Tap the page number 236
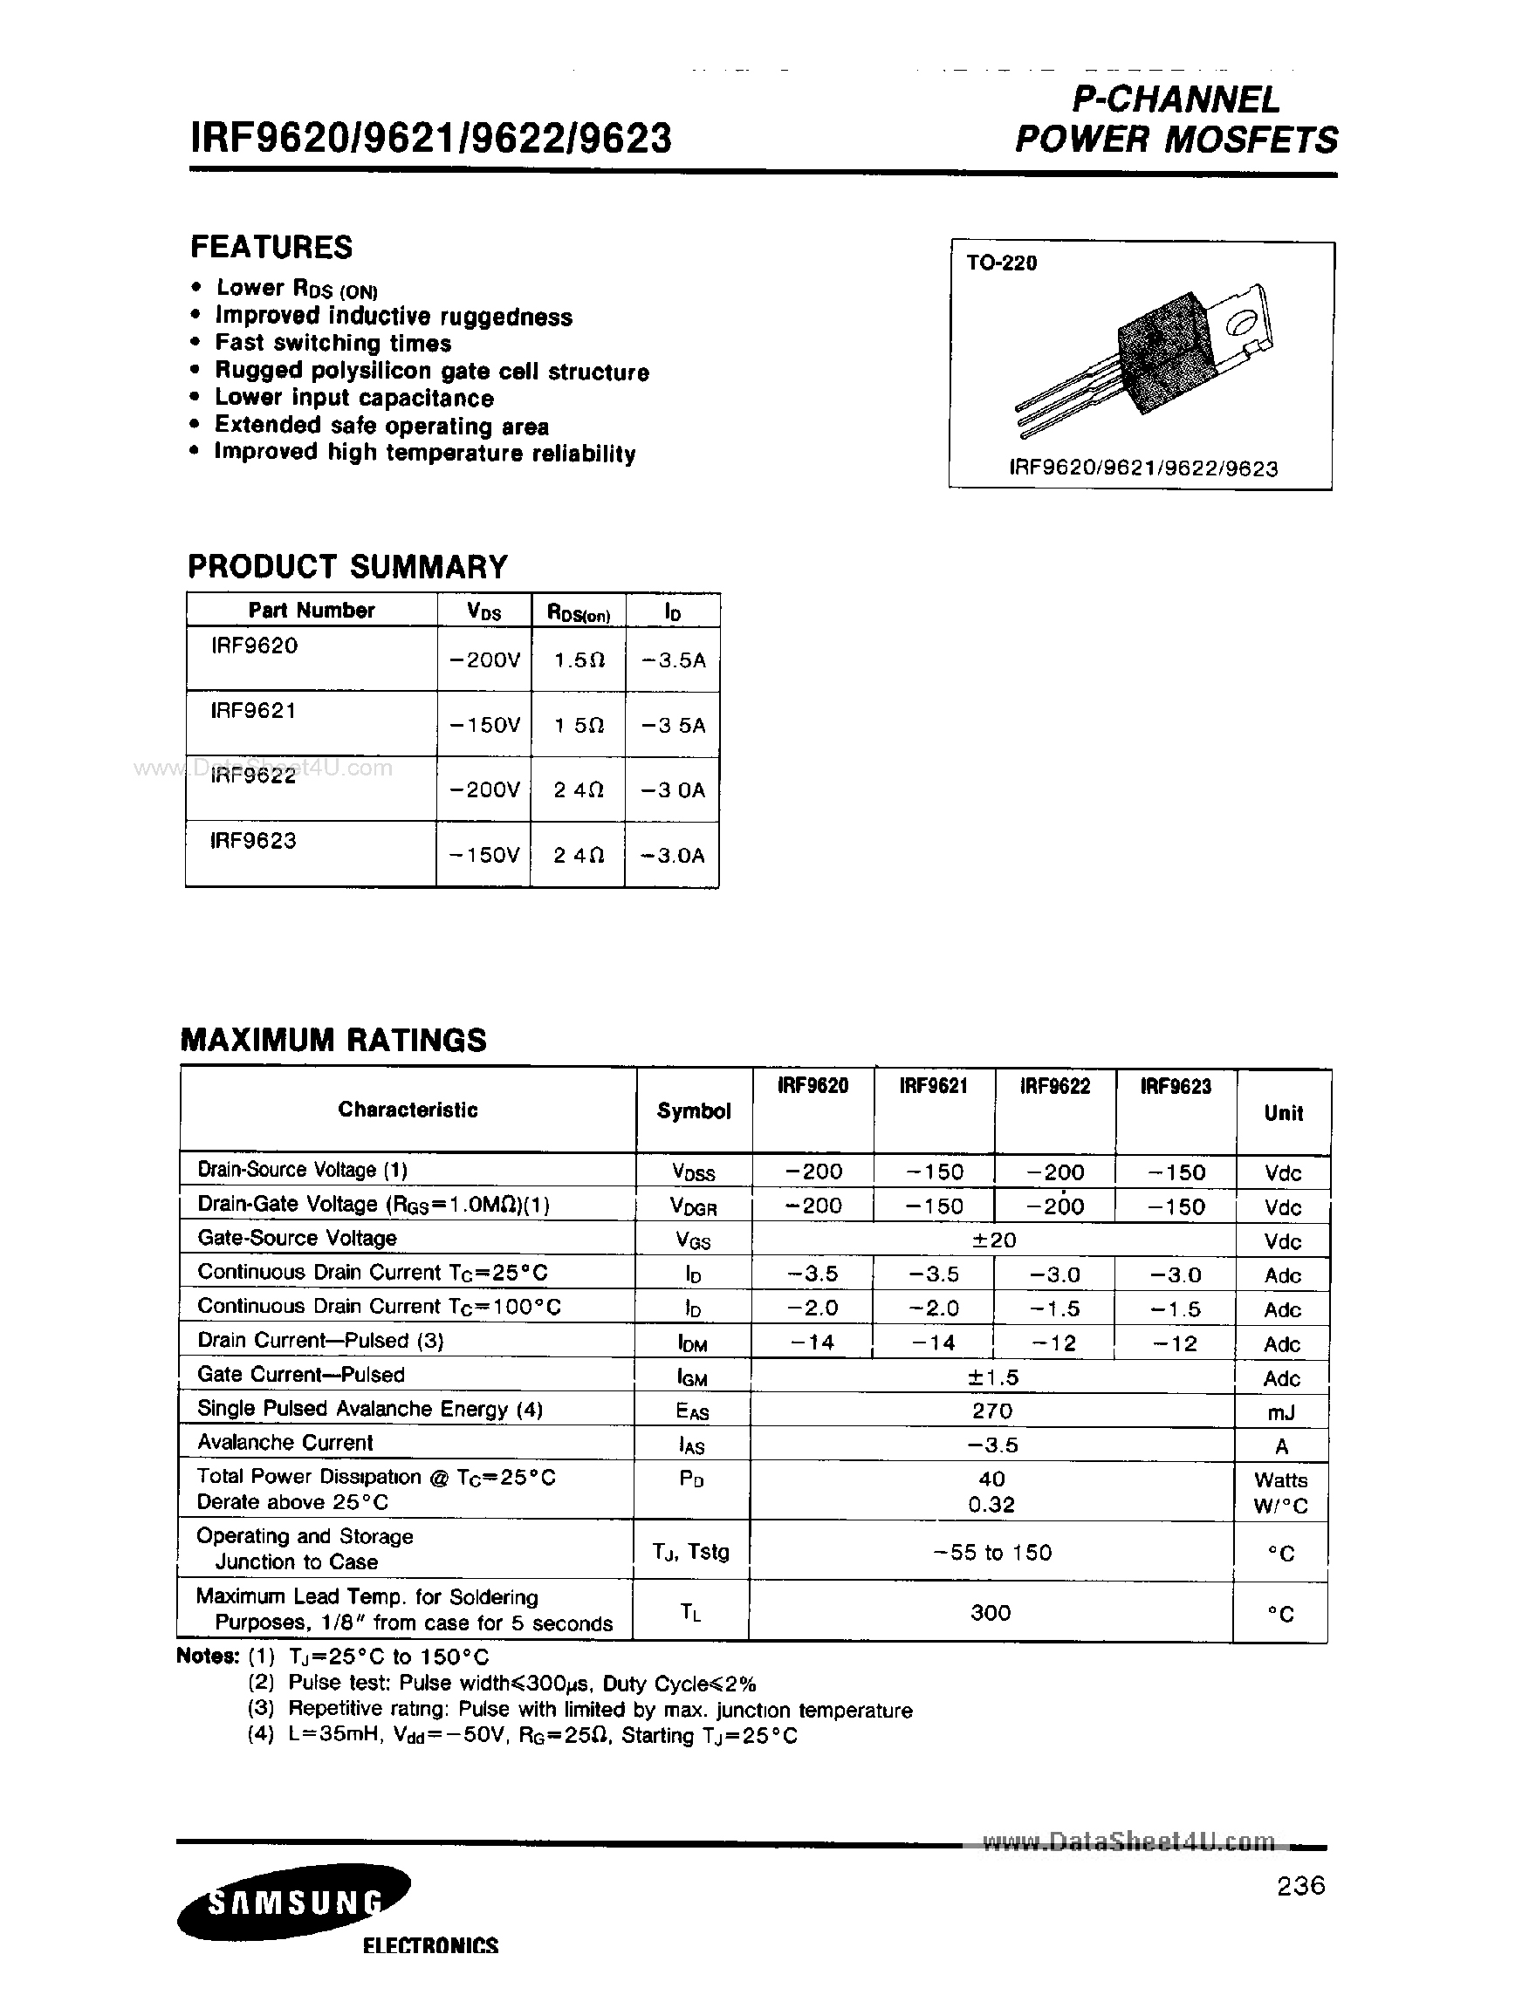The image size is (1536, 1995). click(x=1300, y=1885)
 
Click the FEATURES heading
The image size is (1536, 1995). click(x=271, y=247)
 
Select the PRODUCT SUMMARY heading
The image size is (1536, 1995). click(x=347, y=566)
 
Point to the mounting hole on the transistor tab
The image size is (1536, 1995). click(x=1241, y=323)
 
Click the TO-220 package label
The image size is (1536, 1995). click(x=1002, y=263)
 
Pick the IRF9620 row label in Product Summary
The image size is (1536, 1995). click(x=254, y=646)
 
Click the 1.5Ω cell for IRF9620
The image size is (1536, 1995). click(x=579, y=659)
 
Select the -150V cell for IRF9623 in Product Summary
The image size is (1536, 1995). click(x=484, y=855)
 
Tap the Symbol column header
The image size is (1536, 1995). click(x=694, y=1110)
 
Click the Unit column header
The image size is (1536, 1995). click(x=1283, y=1112)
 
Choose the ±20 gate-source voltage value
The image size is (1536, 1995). click(x=992, y=1240)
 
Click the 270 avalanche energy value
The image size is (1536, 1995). click(x=992, y=1411)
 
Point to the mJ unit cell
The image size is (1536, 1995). click(x=1281, y=1412)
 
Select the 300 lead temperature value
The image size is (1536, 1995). click(x=991, y=1612)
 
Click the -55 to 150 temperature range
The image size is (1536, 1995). click(x=992, y=1552)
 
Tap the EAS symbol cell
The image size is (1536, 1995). click(x=693, y=1411)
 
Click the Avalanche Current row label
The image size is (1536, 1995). click(x=285, y=1442)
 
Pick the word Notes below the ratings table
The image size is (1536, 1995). click(x=208, y=1657)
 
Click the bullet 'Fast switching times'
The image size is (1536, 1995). click(x=333, y=344)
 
